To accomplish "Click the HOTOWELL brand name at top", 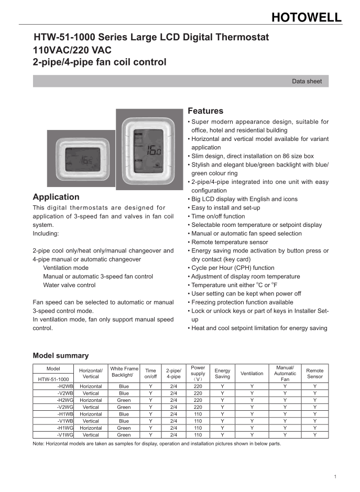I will [306, 17].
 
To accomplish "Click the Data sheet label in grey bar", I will [307, 81].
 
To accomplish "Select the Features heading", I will [205, 111].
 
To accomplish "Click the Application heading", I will [56, 197].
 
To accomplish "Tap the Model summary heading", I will [61, 355].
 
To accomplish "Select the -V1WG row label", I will [65, 434].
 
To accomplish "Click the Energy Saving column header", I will [222, 374].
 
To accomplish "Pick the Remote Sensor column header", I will [315, 374].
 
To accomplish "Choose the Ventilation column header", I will [252, 374].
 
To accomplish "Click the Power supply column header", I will [198, 374].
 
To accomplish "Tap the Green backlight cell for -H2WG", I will [124, 400].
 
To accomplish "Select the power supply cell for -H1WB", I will [198, 414].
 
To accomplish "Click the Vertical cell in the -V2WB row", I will [91, 393].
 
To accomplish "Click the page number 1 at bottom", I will [335, 476].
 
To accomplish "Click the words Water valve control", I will [69, 285].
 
